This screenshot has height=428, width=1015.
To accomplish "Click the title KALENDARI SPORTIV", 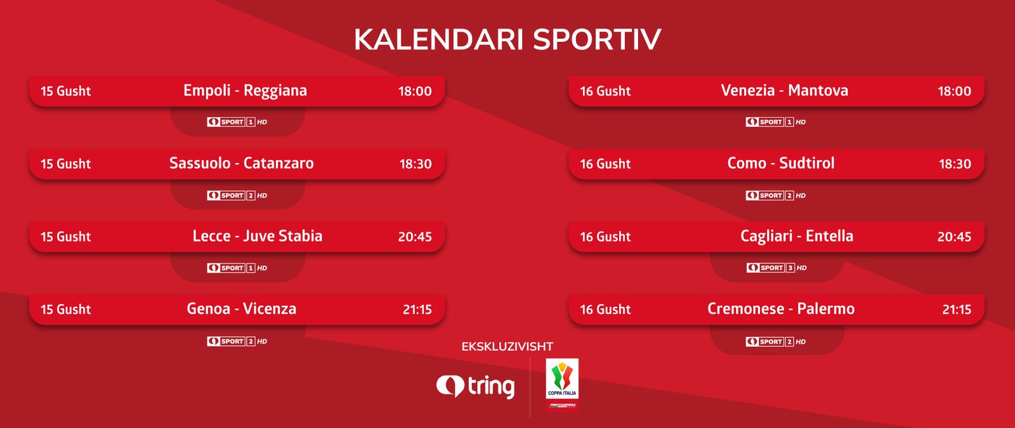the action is pos(507,39).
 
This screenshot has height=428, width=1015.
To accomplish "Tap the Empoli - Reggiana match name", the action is pos(245,91).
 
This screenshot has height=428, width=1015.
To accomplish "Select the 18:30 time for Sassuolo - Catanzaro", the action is pos(416,164).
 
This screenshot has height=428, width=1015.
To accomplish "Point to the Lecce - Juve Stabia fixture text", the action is pos(258,236).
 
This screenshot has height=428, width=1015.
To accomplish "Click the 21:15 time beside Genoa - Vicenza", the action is pos(417,309).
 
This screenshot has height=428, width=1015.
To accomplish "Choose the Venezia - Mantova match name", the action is pos(784,91).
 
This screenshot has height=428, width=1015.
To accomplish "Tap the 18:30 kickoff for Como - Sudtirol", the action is pos(955,164).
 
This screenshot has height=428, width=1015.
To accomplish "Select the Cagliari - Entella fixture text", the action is pos(797,237).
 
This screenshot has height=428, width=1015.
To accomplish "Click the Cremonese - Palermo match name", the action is pos(781,309).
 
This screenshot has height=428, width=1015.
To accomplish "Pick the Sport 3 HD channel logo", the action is pos(776,268).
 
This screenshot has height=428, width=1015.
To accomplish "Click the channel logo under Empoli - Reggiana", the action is pos(237,122).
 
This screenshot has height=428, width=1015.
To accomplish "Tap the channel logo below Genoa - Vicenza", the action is pos(237,341).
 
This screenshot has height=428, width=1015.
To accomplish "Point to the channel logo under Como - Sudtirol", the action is pos(776,195).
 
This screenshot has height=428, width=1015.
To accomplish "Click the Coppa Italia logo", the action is pos(562,385).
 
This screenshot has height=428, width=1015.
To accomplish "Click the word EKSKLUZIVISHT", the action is pos(507,347).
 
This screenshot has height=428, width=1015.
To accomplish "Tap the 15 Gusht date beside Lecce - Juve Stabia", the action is pos(66,237).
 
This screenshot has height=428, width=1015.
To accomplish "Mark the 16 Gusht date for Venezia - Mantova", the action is pos(605,91).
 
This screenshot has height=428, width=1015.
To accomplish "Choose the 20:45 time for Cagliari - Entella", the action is pos(954,237).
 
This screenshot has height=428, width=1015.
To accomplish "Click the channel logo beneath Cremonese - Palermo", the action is pos(776,342).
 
